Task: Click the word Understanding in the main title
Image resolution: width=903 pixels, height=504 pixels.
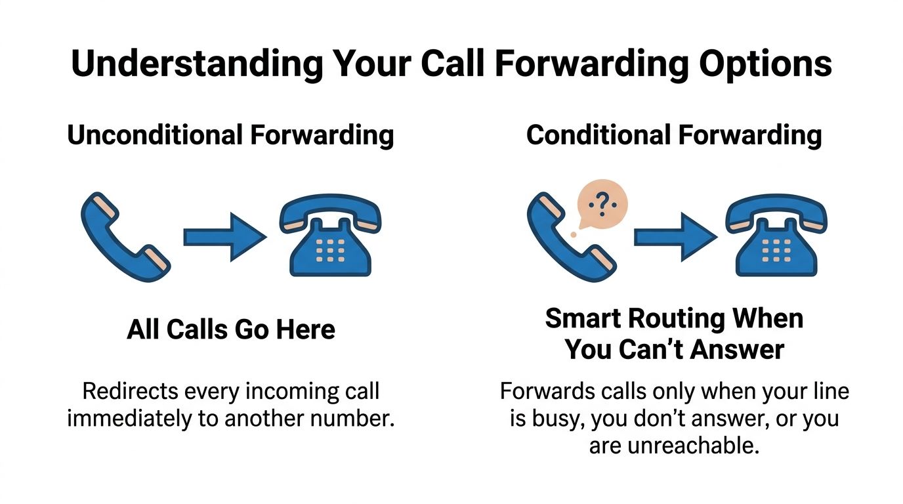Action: click(x=196, y=64)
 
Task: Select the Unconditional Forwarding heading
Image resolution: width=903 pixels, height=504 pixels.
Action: click(x=230, y=135)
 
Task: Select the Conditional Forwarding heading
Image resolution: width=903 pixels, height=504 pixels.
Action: click(x=674, y=135)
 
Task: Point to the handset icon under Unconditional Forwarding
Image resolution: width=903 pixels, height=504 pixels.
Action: click(x=125, y=236)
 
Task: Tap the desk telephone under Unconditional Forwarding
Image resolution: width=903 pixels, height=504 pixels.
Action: click(x=330, y=237)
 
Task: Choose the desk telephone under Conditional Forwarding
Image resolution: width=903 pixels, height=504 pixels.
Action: click(x=776, y=237)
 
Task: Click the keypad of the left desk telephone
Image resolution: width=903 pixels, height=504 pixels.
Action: click(x=331, y=250)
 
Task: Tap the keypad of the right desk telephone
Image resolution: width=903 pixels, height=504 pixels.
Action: click(x=776, y=250)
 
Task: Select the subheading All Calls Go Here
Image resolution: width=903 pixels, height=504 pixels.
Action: click(x=231, y=329)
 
